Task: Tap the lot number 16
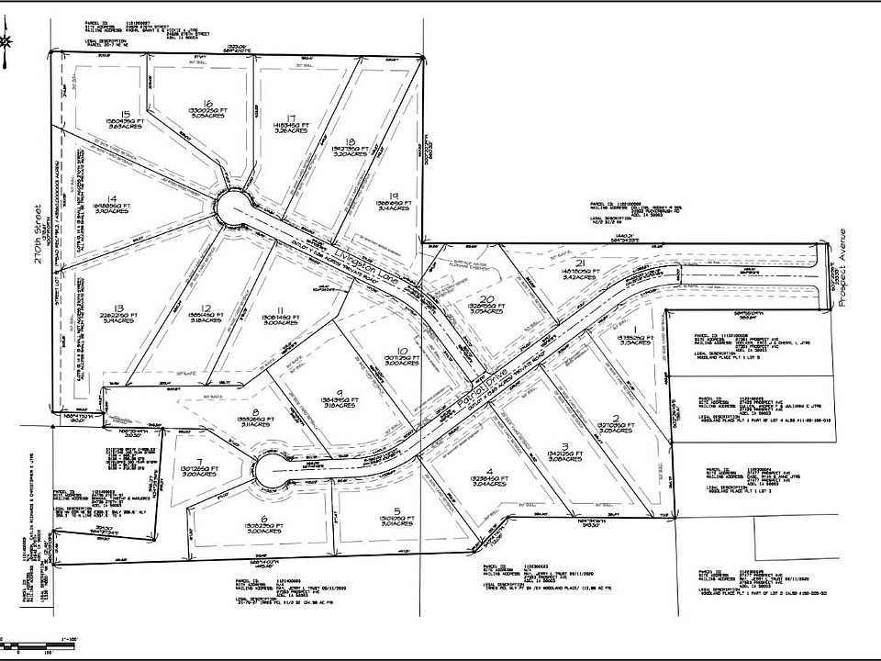(208, 104)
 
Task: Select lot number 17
(291, 118)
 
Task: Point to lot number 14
(111, 198)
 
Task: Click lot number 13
(118, 308)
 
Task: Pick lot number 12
(207, 308)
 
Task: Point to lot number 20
(488, 299)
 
